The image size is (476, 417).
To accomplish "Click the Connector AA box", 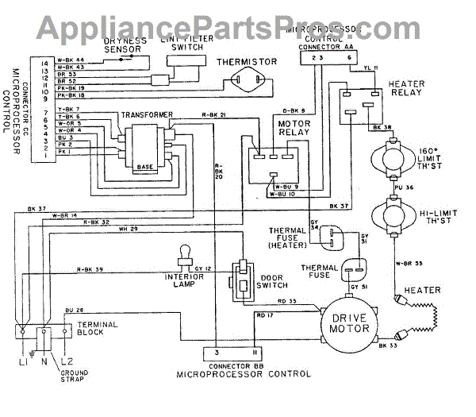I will [329, 57].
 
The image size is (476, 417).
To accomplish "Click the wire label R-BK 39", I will [90, 271].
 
